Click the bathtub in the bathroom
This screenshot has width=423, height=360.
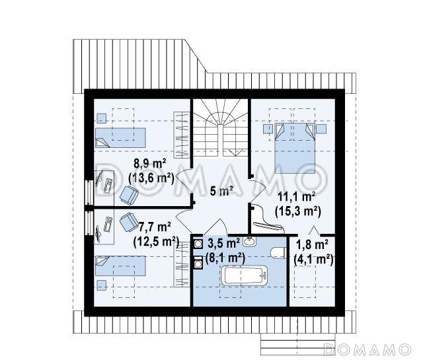click(245, 275)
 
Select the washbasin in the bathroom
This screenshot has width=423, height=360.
click(250, 241)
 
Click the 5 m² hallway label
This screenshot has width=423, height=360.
click(222, 191)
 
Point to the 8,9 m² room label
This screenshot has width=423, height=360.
click(150, 163)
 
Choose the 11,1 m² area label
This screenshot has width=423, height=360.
click(297, 197)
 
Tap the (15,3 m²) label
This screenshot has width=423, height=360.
click(298, 211)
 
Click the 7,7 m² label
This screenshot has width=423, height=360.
click(154, 227)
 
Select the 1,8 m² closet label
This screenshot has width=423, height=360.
click(312, 244)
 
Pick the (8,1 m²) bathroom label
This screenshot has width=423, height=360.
click(225, 258)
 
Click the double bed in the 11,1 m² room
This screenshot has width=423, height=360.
click(295, 148)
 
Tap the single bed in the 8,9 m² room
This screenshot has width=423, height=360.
click(120, 138)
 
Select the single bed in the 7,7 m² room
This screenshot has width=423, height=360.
click(120, 266)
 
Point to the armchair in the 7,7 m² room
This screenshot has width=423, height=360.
click(129, 222)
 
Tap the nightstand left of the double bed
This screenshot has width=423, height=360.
click(268, 129)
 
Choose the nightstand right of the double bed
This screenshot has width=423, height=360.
click(321, 129)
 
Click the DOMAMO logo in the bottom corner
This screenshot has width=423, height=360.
click(367, 349)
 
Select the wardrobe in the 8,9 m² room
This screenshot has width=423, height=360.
click(181, 135)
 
